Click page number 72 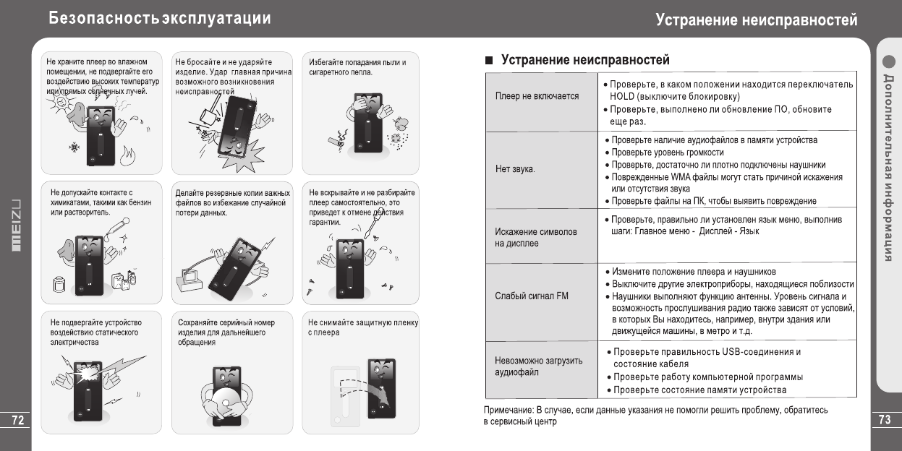click(x=14, y=420)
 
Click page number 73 click(x=885, y=420)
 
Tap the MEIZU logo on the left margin click(x=14, y=225)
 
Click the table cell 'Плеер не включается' click(x=537, y=96)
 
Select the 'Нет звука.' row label click(x=515, y=170)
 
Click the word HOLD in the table click(x=622, y=97)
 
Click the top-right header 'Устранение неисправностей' click(x=757, y=20)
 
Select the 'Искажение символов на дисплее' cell click(x=536, y=238)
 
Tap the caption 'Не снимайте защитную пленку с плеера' click(x=362, y=327)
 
